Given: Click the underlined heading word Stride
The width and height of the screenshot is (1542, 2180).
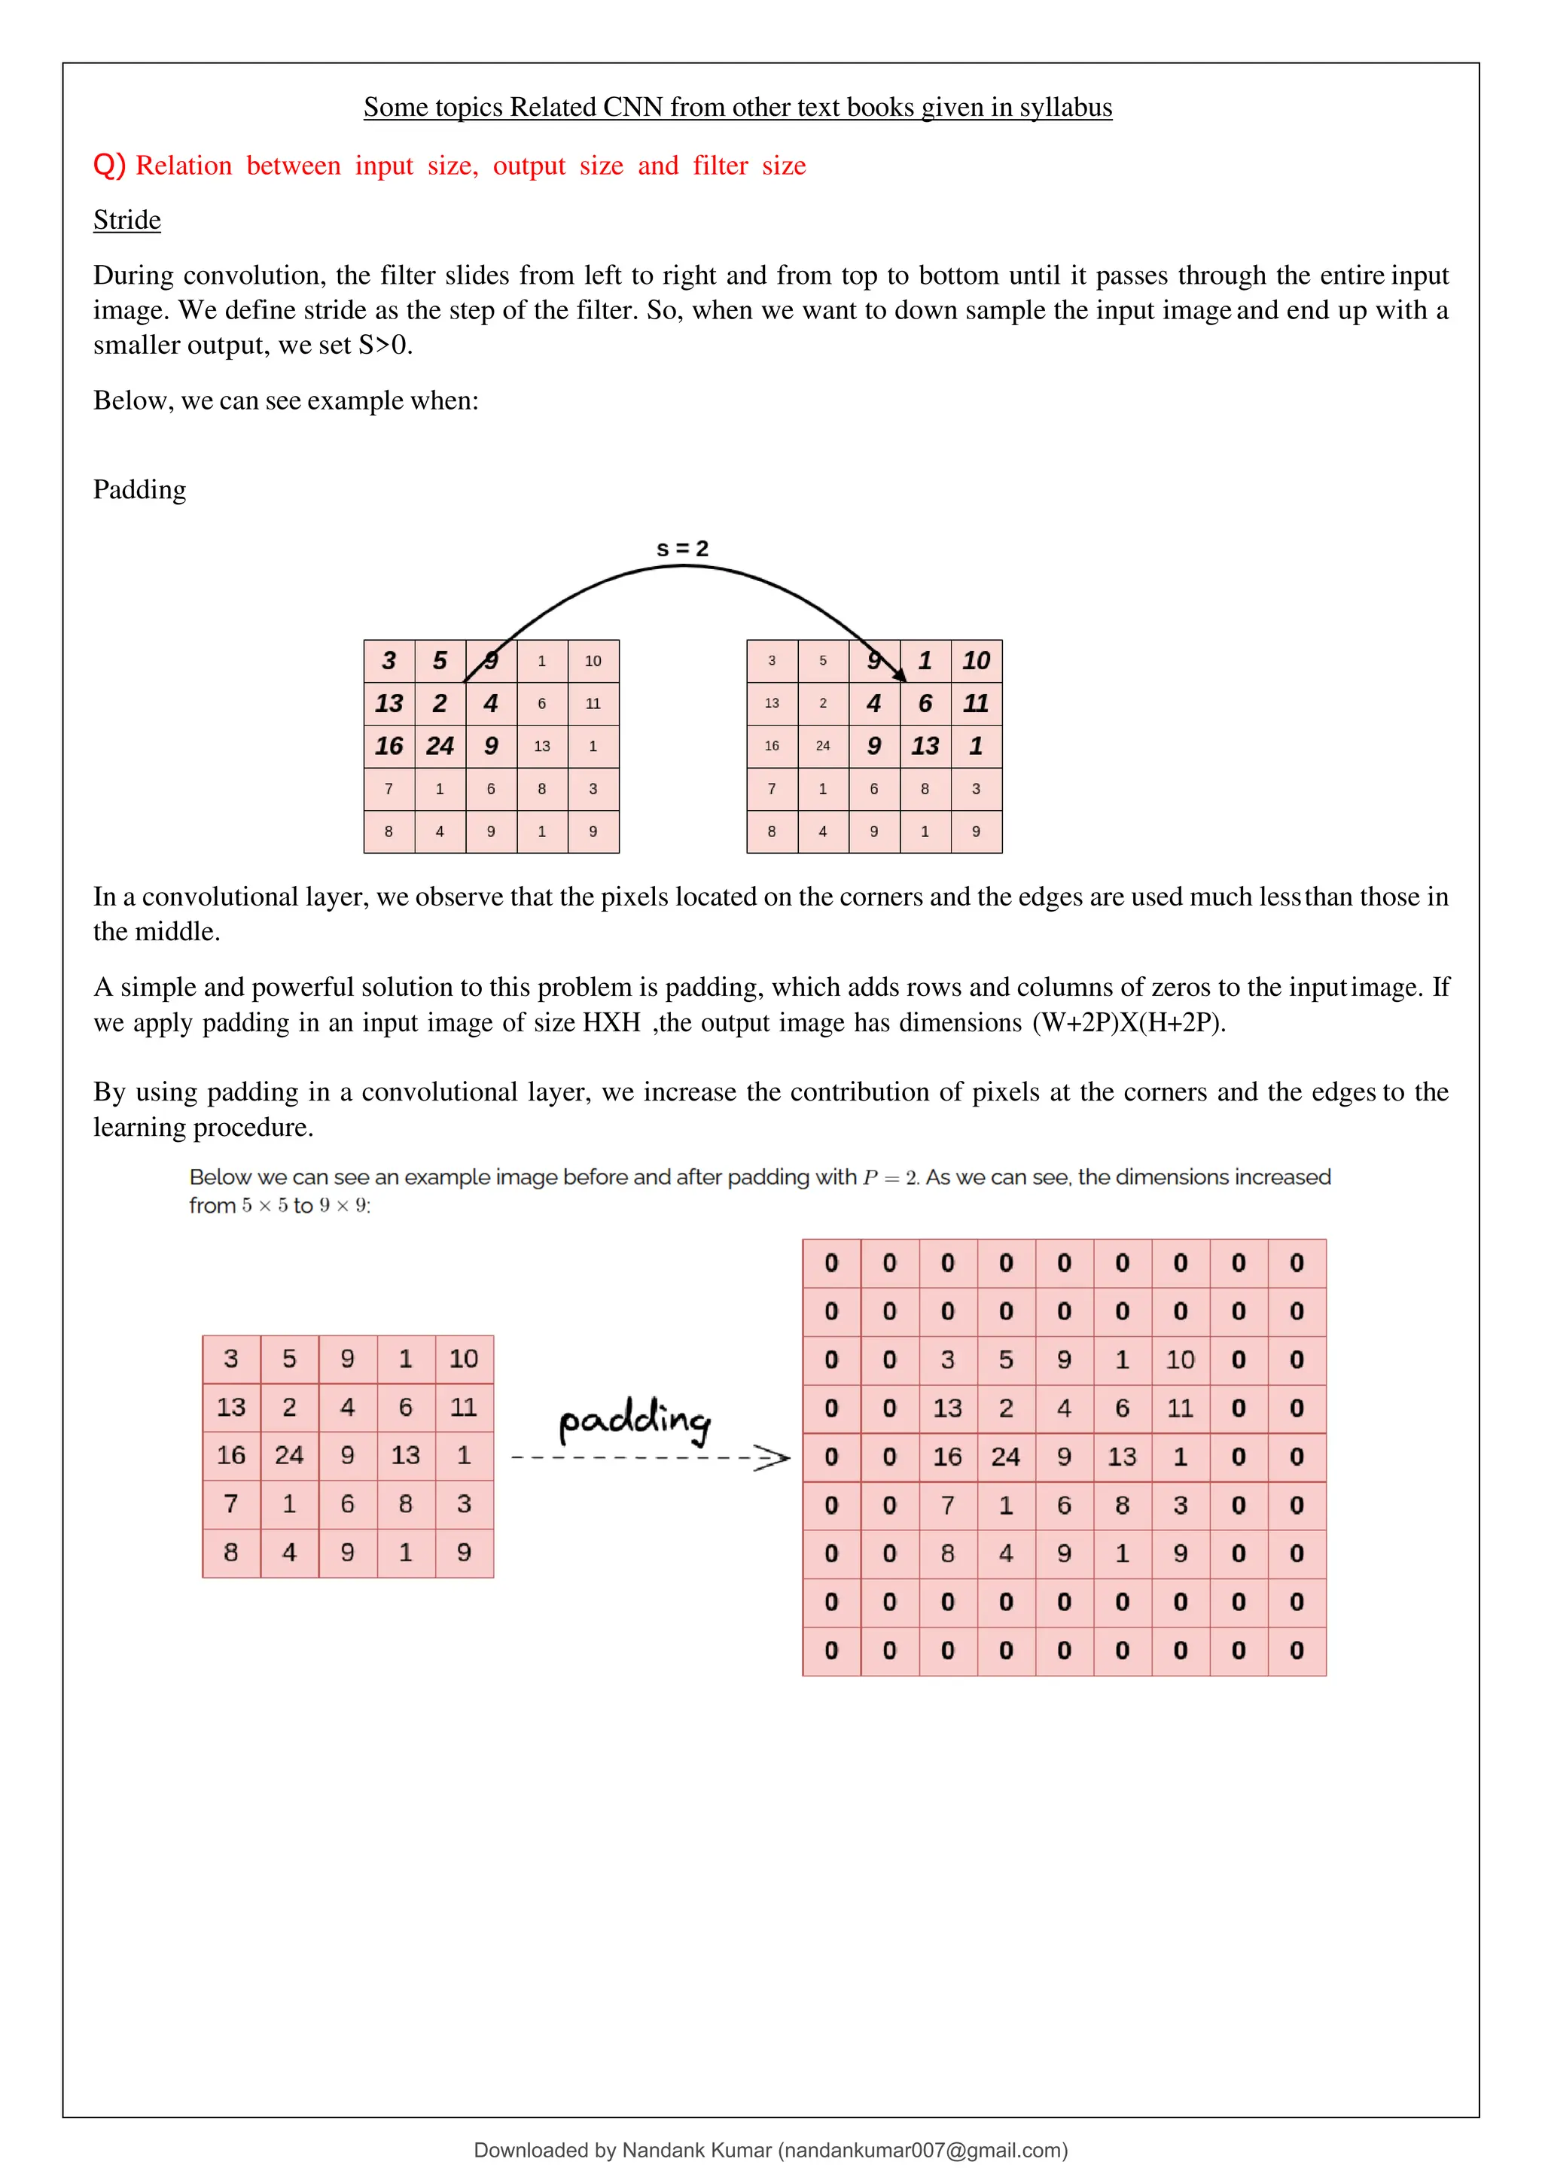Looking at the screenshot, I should (126, 221).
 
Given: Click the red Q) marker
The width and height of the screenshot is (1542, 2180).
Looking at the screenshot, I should (109, 165).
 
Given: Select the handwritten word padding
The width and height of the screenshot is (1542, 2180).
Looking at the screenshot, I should (633, 1421).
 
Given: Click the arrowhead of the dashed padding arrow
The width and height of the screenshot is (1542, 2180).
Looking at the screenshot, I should (774, 1457).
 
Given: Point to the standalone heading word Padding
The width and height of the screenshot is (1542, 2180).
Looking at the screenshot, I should (139, 490).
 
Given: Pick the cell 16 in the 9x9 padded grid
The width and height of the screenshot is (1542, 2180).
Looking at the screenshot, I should (946, 1457).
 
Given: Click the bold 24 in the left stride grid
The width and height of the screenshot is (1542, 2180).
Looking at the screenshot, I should (440, 746).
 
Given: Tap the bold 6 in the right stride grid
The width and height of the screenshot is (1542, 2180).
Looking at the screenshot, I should (925, 704).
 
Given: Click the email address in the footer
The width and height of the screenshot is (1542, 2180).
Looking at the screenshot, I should (922, 2150).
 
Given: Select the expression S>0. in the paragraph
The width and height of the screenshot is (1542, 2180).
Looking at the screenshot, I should (385, 345).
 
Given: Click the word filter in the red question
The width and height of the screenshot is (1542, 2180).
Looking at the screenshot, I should (720, 166).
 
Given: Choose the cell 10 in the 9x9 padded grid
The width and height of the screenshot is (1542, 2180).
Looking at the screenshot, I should (1179, 1359).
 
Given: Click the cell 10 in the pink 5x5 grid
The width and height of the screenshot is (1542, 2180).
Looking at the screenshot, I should (463, 1359).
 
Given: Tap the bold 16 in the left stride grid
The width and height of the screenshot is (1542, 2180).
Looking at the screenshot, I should (389, 746).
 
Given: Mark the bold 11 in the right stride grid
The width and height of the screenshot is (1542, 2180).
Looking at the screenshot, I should (975, 704).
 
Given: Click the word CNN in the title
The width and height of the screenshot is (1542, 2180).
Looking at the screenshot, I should (632, 108).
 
